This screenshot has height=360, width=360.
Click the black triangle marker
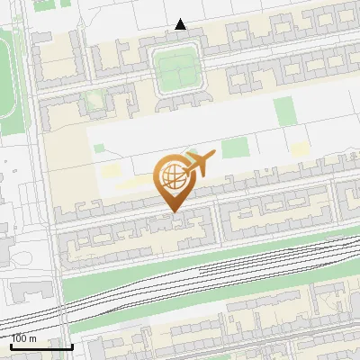(181, 24)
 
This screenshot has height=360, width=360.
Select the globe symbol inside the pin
(173, 175)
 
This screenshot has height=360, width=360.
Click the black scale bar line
(40, 346)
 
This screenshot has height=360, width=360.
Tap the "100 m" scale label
(24, 338)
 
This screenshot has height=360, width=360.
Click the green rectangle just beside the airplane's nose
(236, 148)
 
